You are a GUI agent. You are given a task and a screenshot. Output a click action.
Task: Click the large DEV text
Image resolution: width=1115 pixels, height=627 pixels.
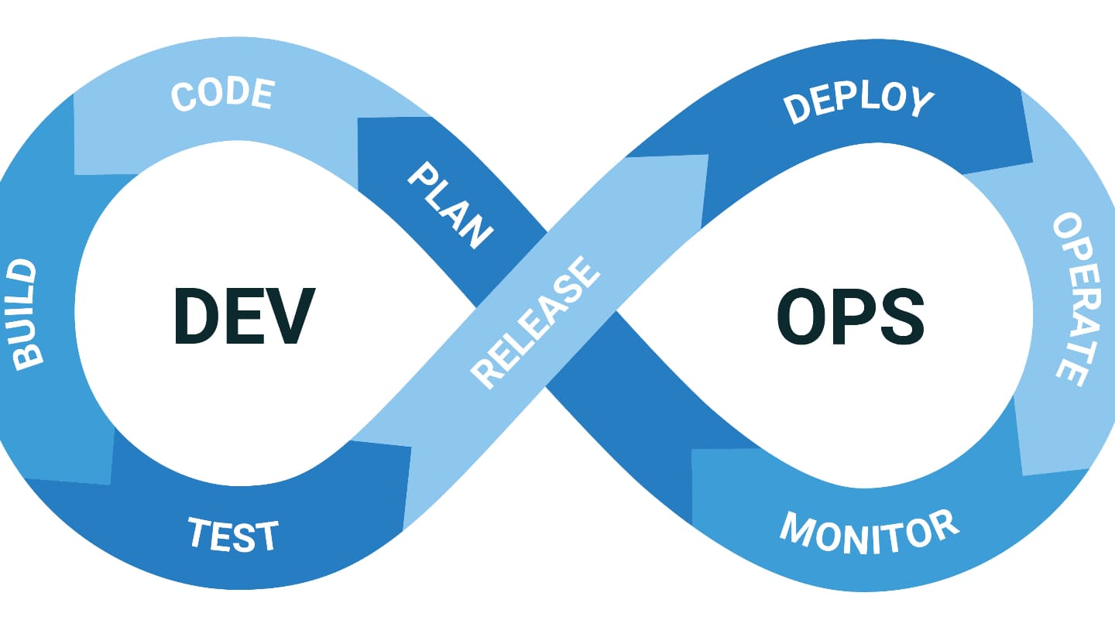(x=244, y=315)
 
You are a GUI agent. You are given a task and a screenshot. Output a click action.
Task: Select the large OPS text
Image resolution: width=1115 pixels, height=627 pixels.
(x=850, y=316)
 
